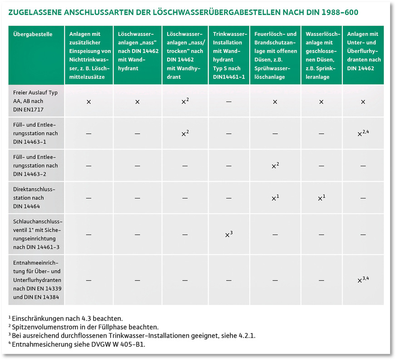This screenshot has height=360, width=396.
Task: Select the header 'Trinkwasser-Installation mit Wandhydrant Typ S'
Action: tap(229, 55)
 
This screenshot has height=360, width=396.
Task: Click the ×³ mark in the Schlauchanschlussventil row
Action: tap(229, 234)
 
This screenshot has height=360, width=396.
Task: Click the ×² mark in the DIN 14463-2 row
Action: tap(275, 166)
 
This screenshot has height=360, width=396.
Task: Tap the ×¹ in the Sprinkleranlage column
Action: tap(321, 198)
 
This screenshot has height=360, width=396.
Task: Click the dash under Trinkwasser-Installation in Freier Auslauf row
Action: tap(229, 102)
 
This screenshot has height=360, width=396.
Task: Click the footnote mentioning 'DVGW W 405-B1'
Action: tap(79, 344)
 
